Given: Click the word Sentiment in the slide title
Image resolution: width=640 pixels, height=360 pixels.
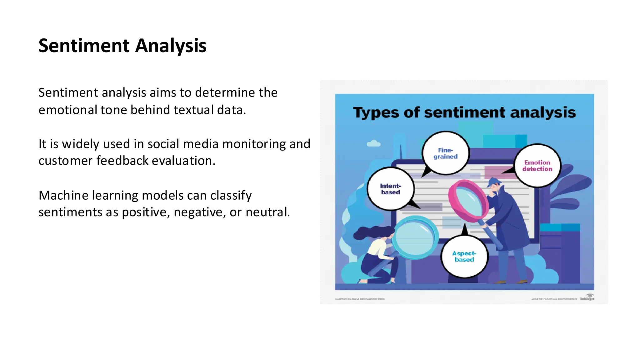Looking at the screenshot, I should click(x=84, y=46).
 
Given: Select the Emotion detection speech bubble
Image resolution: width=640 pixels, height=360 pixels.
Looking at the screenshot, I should click(x=537, y=166).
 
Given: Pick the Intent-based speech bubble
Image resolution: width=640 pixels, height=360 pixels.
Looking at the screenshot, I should click(x=390, y=189).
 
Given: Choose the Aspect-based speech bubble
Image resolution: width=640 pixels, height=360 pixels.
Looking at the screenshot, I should click(x=464, y=256).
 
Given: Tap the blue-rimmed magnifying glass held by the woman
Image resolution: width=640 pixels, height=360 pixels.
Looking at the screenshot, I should click(x=415, y=238).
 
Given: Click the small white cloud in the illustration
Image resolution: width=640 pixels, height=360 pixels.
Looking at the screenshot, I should click(x=373, y=144).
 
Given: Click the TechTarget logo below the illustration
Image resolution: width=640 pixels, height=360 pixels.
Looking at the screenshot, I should click(x=587, y=297).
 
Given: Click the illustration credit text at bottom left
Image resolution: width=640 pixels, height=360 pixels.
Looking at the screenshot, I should click(x=360, y=299).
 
